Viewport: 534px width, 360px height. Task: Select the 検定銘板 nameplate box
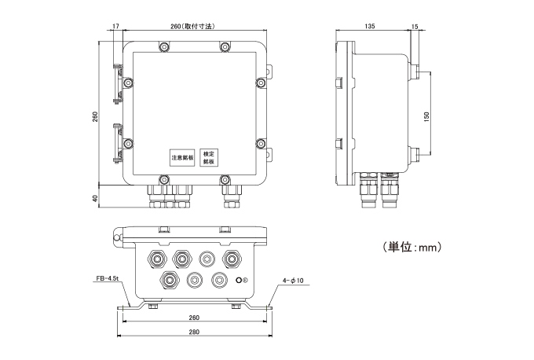[x=209, y=157]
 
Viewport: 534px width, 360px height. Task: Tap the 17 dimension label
[x=115, y=27]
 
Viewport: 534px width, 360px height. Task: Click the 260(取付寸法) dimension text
[x=192, y=27]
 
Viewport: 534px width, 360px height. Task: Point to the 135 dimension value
[x=369, y=27]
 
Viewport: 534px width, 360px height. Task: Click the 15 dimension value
[x=414, y=27]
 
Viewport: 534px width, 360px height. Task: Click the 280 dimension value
[x=195, y=332]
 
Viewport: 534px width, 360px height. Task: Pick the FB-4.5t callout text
[x=104, y=279]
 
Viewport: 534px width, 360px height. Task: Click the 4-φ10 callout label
[x=293, y=280]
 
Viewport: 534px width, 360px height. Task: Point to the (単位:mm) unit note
[x=414, y=248]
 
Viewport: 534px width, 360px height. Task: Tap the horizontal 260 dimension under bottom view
[x=195, y=318]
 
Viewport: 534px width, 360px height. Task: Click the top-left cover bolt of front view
[x=163, y=48]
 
